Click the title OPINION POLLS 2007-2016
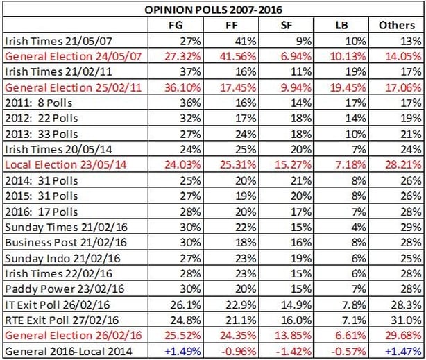coord(213,10)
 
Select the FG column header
coord(176,25)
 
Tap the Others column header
coord(397,25)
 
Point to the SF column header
coord(286,25)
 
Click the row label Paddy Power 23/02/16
coord(65,289)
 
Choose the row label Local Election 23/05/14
coord(66,164)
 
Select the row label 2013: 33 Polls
coord(42,134)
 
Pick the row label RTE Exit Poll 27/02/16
coord(62,320)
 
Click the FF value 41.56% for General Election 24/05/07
coord(238,56)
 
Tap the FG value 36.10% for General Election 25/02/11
coord(182,87)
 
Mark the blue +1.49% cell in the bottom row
coord(182,351)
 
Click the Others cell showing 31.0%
coord(406,320)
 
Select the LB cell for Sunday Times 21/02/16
coord(359,227)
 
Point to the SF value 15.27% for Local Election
coord(293,164)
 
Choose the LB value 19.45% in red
coord(348,87)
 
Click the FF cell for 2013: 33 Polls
coord(246,134)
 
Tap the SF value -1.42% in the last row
coord(293,351)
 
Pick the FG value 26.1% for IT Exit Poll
coord(185,305)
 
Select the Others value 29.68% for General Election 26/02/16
coord(403,336)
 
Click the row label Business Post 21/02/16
coord(66,242)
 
